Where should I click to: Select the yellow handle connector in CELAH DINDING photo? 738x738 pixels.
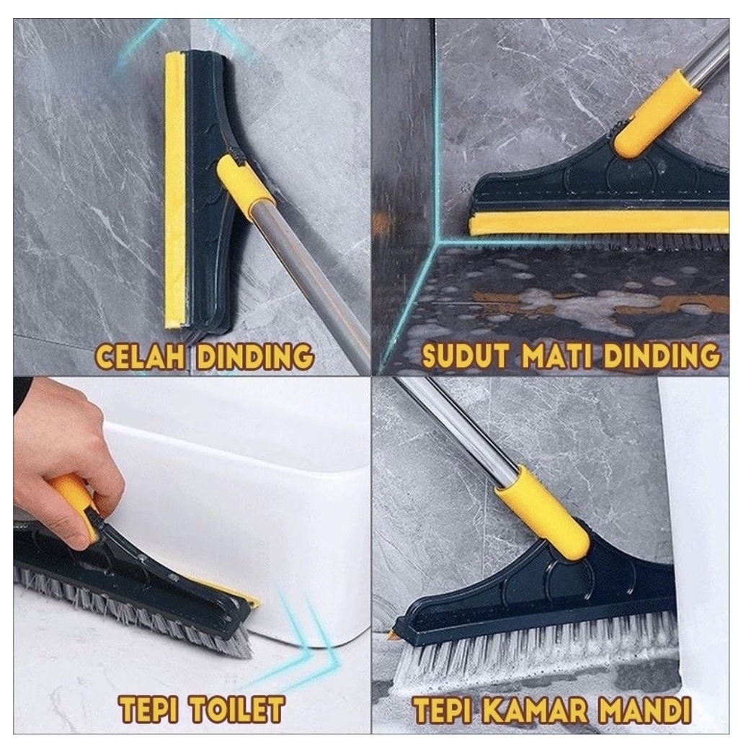[x=245, y=186]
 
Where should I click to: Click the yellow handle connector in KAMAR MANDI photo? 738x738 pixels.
[x=542, y=511]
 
